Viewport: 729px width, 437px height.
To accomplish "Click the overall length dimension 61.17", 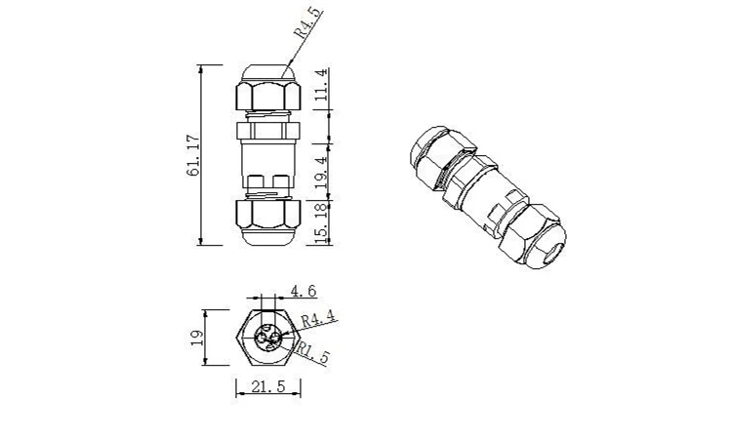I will (x=193, y=156).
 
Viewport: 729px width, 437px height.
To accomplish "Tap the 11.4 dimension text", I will (x=320, y=87).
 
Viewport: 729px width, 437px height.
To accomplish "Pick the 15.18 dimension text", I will (x=320, y=222).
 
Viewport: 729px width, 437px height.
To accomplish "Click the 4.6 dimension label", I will (x=304, y=291).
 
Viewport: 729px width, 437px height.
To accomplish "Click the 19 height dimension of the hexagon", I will (x=195, y=338).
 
